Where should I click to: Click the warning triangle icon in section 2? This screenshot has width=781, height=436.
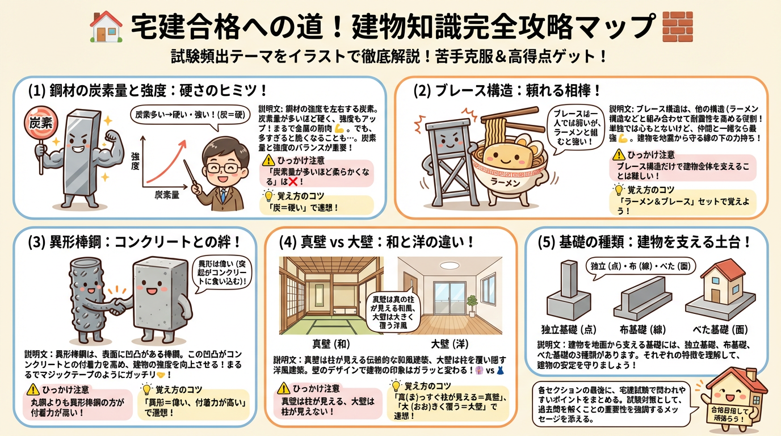(619, 154)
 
